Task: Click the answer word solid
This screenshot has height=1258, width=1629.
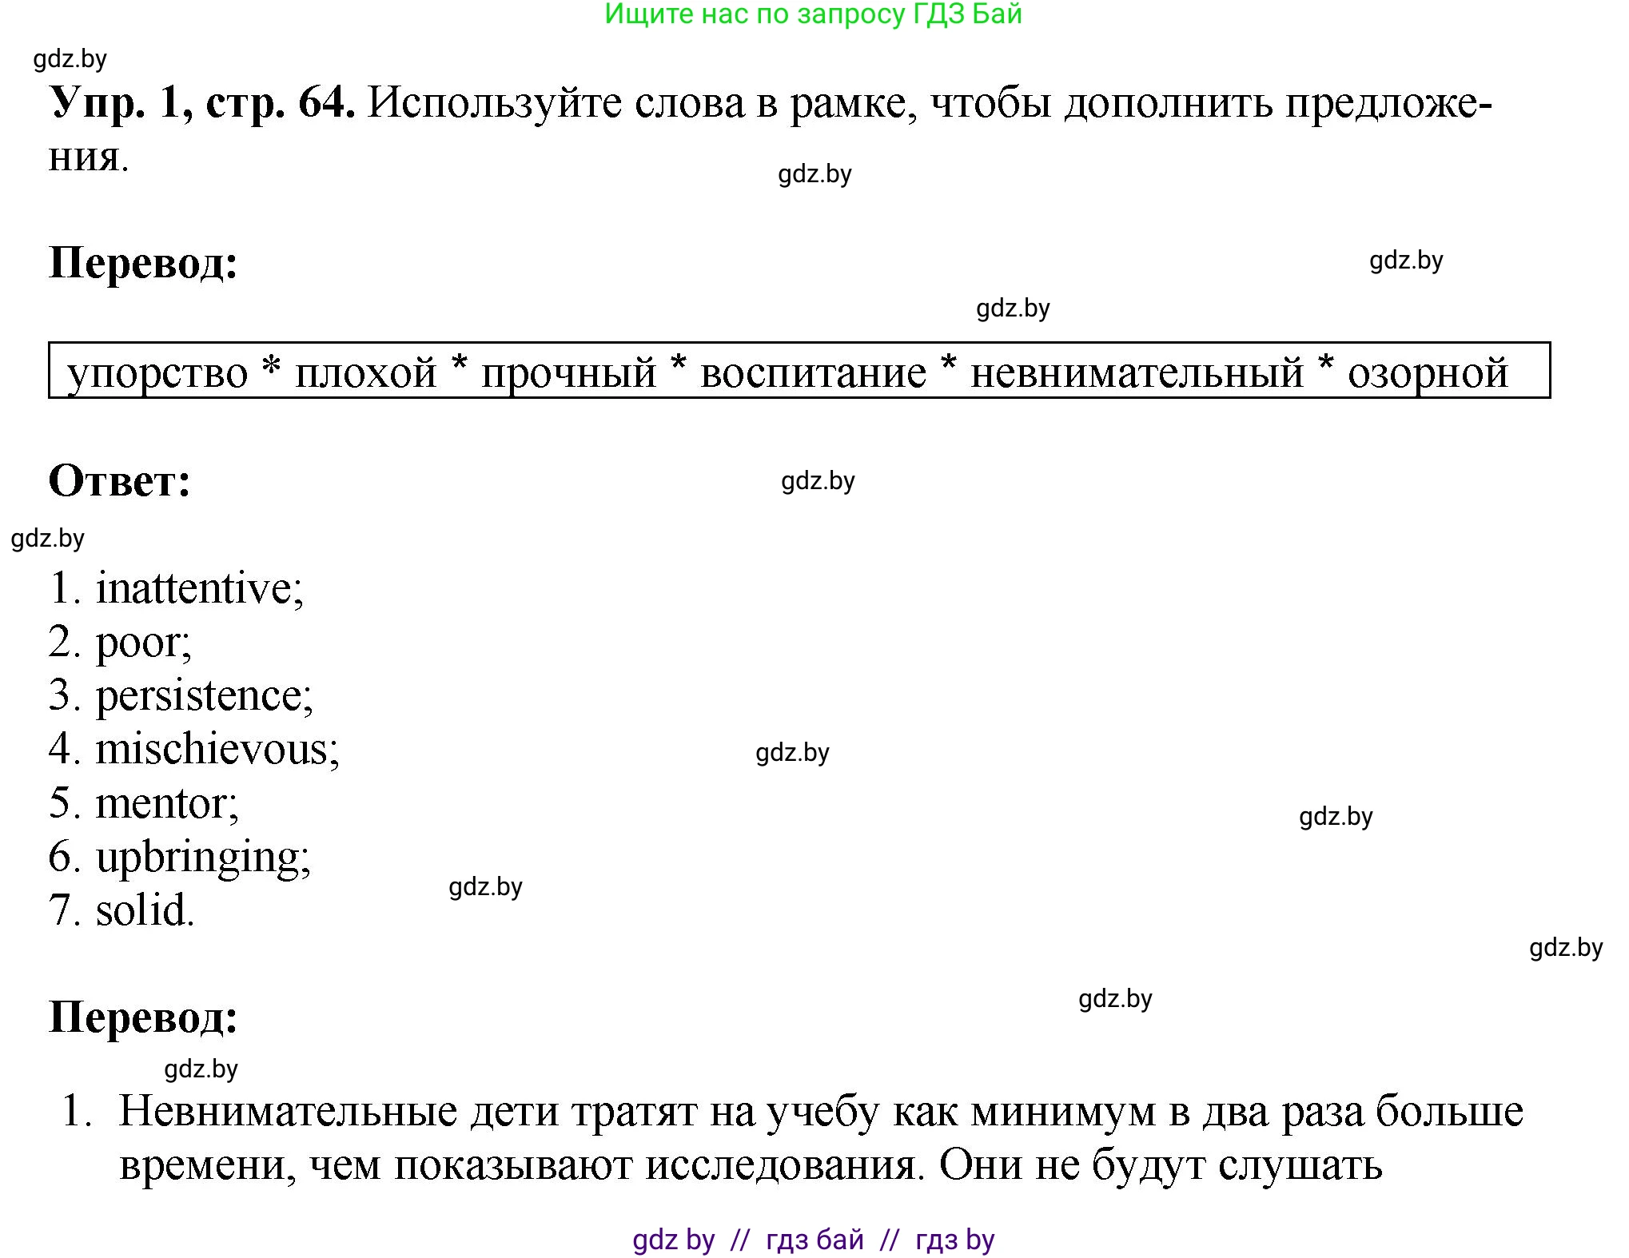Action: point(143,910)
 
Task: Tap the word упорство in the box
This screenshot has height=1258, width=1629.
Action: point(158,373)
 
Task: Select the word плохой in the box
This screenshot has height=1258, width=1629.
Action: point(366,373)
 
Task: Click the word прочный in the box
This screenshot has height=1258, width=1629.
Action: point(568,373)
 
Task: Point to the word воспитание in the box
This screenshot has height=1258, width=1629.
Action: point(813,373)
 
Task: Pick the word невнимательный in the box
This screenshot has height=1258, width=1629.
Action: point(1136,373)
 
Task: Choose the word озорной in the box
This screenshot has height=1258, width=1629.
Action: point(1428,373)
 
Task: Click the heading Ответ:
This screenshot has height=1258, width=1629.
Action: point(120,481)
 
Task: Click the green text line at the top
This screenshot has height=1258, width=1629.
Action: point(813,14)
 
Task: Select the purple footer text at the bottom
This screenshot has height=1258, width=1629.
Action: point(813,1239)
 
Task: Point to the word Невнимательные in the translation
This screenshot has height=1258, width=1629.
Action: point(288,1111)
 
